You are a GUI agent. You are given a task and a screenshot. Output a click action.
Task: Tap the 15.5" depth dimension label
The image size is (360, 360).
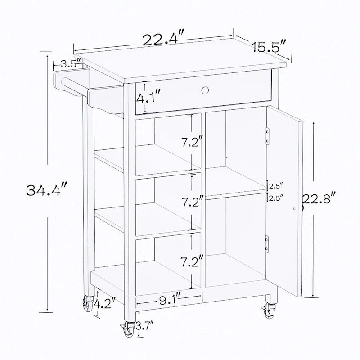(x=269, y=46)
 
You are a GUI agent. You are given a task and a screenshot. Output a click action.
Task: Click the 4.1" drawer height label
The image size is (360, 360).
(x=148, y=97)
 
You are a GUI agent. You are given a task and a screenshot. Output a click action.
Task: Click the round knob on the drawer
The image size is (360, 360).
(x=205, y=90)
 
